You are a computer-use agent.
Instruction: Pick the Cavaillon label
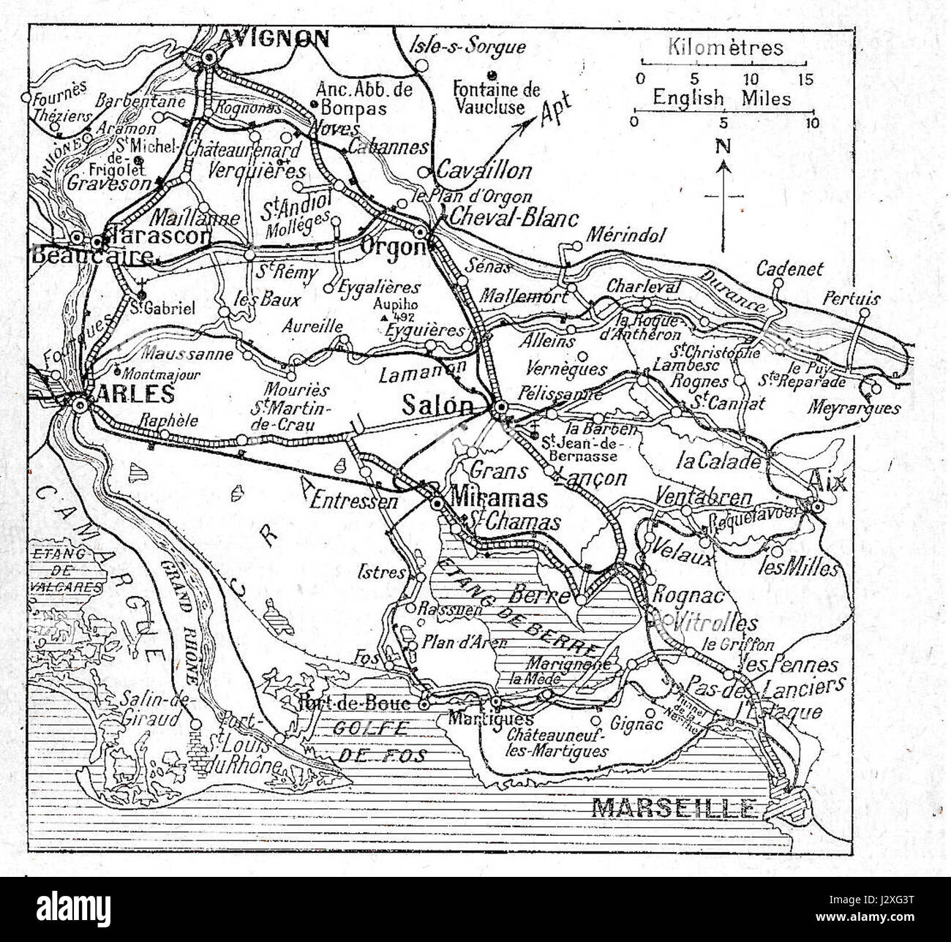click(x=484, y=170)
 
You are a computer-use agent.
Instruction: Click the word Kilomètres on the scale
click(x=724, y=48)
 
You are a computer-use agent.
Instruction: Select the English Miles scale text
click(x=721, y=97)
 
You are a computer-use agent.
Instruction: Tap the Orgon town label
click(x=394, y=247)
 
